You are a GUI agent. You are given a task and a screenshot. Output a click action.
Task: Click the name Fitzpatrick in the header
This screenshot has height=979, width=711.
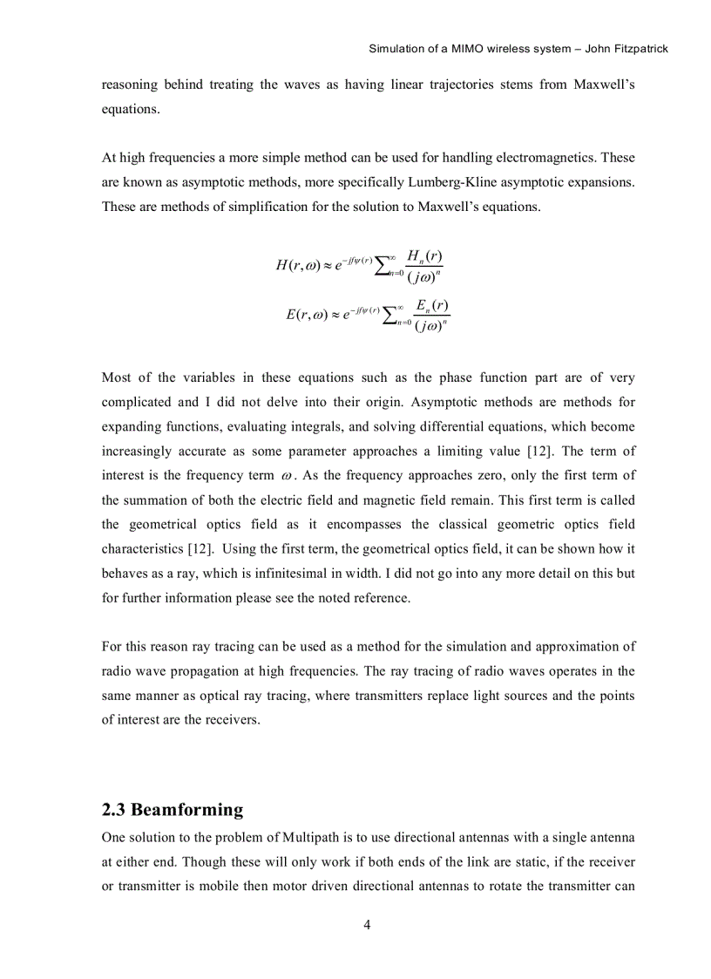(x=639, y=49)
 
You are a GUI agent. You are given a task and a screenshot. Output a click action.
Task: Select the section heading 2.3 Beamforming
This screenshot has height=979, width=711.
(x=173, y=809)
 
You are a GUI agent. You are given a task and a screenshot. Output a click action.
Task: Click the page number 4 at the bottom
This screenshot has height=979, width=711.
(x=367, y=925)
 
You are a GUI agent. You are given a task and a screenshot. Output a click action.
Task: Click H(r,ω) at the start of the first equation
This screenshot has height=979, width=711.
(x=297, y=265)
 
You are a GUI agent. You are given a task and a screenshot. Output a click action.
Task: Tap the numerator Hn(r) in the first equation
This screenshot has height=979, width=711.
(x=423, y=255)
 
